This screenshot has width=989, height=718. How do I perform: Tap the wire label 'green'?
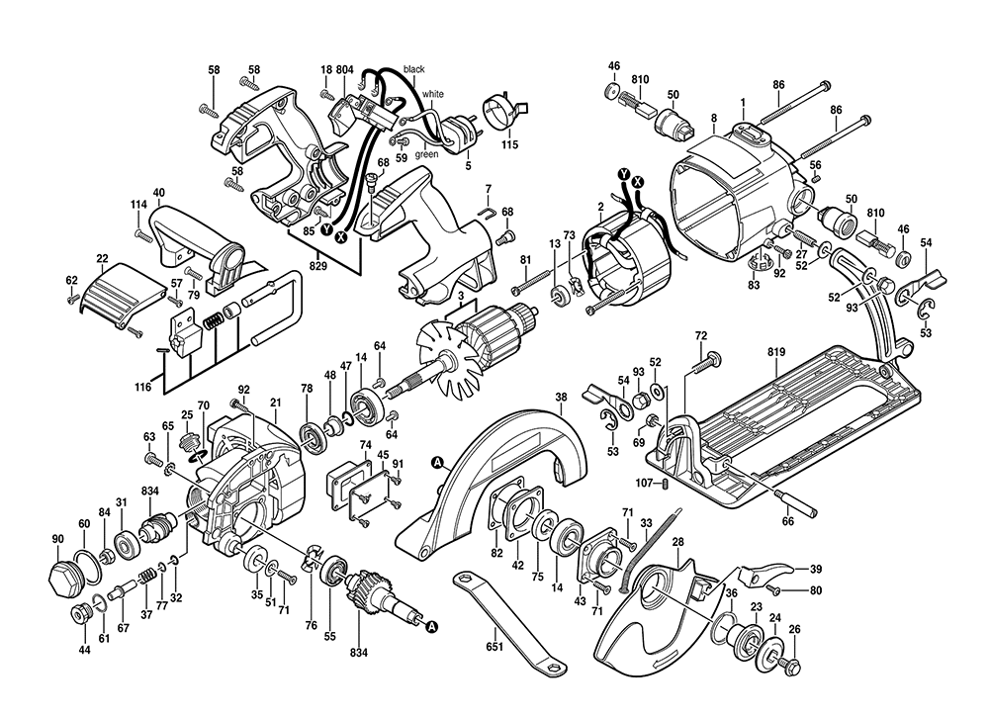coord(426,154)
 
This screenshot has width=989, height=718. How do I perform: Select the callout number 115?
coord(509,145)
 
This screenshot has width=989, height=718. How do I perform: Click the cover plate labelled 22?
coord(119,293)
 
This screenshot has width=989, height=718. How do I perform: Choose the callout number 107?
coord(643,484)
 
